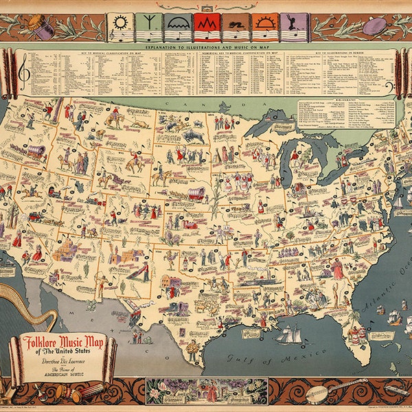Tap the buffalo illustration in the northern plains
point(194,137)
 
